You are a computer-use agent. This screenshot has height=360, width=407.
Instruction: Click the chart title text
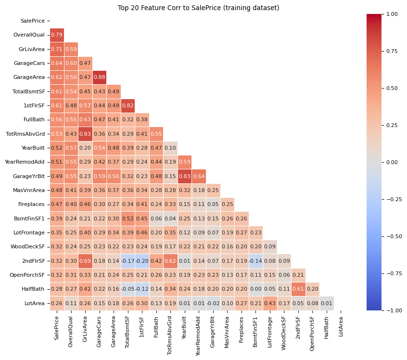pos(198,8)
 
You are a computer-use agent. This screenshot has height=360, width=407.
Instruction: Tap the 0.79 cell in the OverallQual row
pos(57,35)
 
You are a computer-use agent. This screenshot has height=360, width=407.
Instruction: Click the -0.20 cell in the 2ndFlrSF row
pos(142,261)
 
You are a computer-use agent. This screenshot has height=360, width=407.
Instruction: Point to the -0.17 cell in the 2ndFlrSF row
pos(127,261)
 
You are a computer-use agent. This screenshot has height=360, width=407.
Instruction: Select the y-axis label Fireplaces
pos(32,205)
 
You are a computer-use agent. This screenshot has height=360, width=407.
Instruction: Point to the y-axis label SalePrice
pos(32,21)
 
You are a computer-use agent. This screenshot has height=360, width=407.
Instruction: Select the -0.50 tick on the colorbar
pos(393,236)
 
